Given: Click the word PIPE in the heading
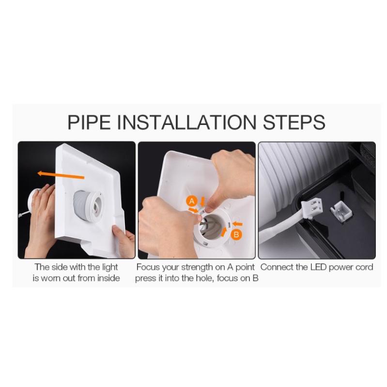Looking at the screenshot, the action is [x=89, y=122].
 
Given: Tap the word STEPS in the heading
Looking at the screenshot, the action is [x=294, y=122].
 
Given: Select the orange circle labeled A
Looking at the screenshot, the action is [x=192, y=201].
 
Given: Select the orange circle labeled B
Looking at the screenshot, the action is [x=236, y=234].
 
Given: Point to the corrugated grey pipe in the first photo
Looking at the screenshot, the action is [x=81, y=205].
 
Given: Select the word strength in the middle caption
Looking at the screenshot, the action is [x=197, y=267].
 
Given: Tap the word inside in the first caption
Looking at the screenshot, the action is [x=108, y=278].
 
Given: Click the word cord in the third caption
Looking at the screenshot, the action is [x=364, y=267].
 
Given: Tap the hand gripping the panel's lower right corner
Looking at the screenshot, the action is [x=124, y=239].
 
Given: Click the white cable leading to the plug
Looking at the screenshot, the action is [x=279, y=229].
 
